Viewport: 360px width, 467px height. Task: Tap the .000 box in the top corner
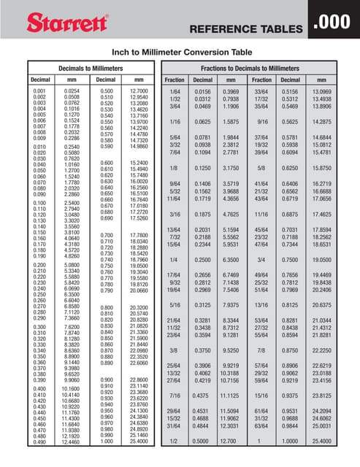[x=334, y=22]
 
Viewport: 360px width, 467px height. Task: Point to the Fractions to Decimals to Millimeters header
[x=258, y=67]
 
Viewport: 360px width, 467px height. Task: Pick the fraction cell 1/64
[x=174, y=90]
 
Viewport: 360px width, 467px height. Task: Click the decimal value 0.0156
[x=202, y=90]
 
